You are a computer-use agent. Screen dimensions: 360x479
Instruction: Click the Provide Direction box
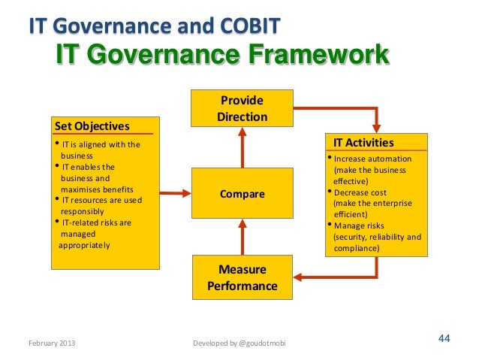tap(242, 108)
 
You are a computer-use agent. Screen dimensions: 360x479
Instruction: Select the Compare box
tap(242, 195)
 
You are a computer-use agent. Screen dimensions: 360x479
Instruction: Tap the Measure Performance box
tap(242, 277)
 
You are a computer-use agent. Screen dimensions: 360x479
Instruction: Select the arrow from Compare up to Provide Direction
tap(242, 147)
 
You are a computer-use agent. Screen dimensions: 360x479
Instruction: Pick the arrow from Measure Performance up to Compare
tap(242, 237)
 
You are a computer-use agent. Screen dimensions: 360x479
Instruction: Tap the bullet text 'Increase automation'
tap(372, 159)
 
